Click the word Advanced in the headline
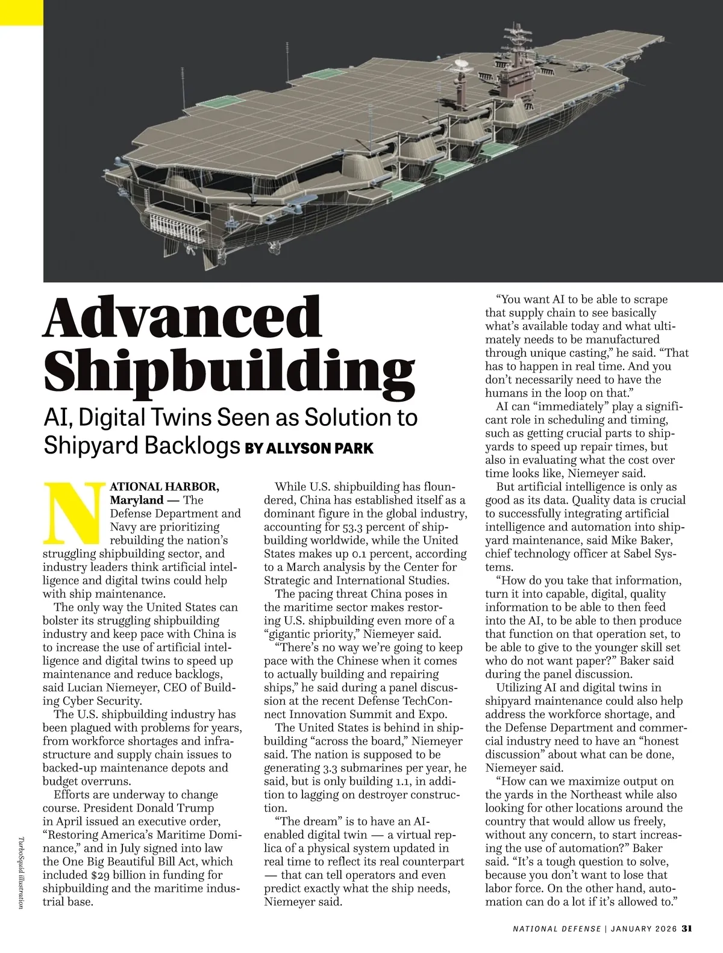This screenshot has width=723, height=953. click(183, 317)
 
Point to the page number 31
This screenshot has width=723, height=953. click(686, 928)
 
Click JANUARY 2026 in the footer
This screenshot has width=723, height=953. click(643, 928)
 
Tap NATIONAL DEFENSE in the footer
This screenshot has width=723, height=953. click(556, 928)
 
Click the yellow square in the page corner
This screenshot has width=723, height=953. click(22, 12)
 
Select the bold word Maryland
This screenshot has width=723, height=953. click(136, 500)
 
